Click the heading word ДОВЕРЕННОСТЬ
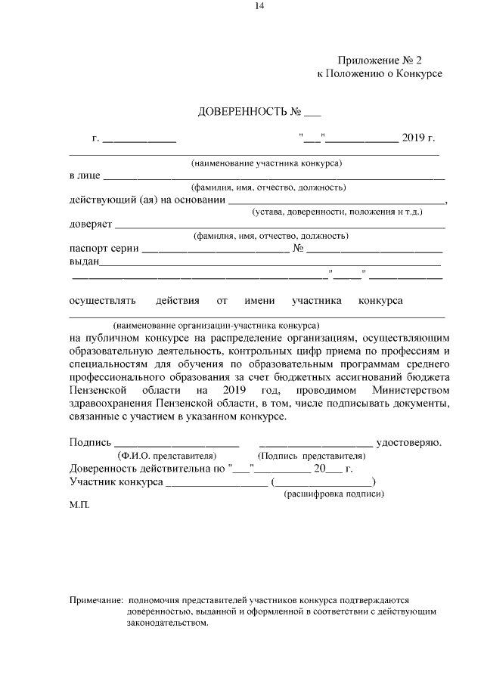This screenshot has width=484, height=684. point(241,113)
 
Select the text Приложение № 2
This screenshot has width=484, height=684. point(379,60)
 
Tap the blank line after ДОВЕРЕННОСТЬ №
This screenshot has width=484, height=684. point(312,116)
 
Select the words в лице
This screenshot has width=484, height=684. point(84,175)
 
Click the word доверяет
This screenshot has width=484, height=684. point(91,224)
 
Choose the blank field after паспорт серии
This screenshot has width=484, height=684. point(211,250)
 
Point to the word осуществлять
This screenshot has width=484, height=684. point(102,301)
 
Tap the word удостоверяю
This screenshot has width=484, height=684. point(408,442)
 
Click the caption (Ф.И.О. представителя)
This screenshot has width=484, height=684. point(166,456)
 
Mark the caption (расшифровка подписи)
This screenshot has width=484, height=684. point(334,494)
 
